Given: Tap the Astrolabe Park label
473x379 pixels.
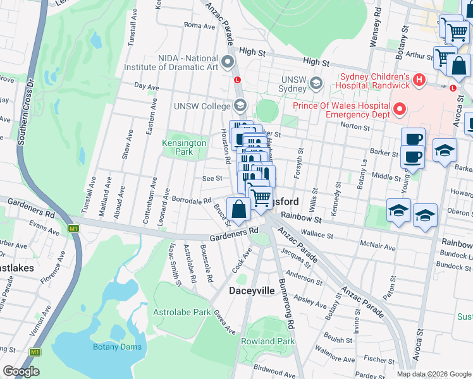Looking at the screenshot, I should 181,312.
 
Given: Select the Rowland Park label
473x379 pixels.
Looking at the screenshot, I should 267,341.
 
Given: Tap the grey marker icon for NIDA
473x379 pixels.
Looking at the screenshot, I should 228,61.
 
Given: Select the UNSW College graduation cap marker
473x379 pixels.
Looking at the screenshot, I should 240,105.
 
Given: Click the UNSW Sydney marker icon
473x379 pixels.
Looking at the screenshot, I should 316,83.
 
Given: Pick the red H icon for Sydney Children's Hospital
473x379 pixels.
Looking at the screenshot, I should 419,80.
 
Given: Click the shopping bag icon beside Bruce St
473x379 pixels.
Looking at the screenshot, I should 238,209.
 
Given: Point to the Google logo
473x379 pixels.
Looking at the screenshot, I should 21,371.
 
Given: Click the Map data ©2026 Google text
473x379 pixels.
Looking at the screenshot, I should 434,373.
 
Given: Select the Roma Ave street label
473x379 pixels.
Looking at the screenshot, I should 199,26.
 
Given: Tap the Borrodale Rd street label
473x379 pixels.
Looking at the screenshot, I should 192,200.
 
